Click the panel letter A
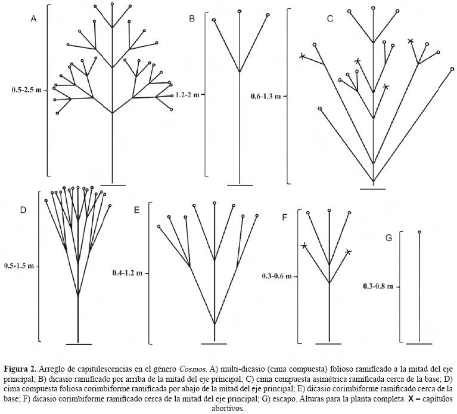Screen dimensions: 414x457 click(34, 19)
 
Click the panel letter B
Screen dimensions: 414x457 click(192, 19)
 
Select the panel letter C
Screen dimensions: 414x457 click(329, 19)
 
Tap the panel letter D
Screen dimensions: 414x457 click(23, 210)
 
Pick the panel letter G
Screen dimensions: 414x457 click(388, 238)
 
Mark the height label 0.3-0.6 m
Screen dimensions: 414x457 click(278, 276)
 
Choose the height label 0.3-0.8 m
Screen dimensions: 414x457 click(378, 286)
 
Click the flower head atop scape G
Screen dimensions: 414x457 click(419, 232)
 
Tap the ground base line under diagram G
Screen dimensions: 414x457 click(419, 344)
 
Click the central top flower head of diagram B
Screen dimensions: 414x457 click(240, 11)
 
